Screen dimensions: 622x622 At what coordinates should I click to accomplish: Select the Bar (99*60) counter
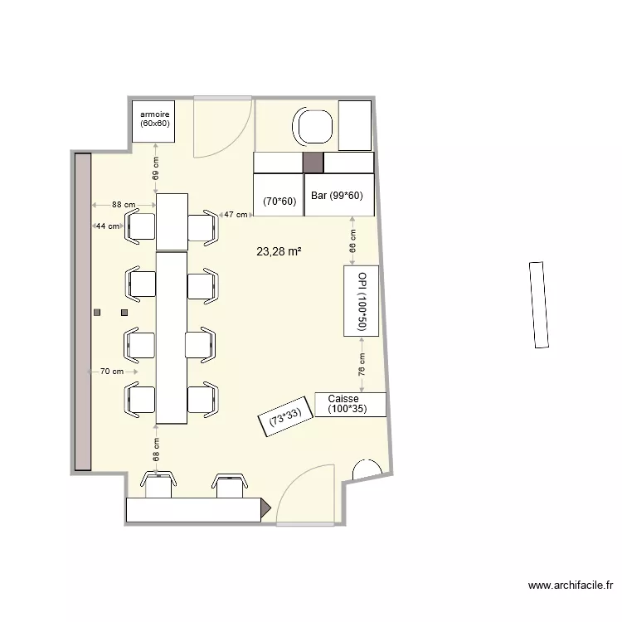click(x=339, y=196)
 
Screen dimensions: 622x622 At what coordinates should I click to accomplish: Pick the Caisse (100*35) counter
click(x=351, y=404)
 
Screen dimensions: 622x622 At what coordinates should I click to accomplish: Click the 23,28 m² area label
click(x=279, y=250)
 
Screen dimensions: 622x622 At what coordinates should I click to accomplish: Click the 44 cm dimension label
click(x=106, y=226)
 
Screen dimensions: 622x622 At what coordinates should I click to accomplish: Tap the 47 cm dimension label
click(x=236, y=215)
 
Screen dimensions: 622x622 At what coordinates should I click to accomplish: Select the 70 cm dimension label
click(x=111, y=372)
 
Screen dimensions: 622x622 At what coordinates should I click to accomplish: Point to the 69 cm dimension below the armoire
click(x=155, y=170)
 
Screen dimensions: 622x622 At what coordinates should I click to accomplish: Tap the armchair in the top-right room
click(x=313, y=126)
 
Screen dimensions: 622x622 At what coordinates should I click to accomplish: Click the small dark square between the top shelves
click(x=313, y=163)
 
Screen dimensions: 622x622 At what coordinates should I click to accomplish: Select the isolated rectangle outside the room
click(x=538, y=304)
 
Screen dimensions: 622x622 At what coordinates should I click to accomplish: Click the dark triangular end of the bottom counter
click(x=266, y=508)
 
